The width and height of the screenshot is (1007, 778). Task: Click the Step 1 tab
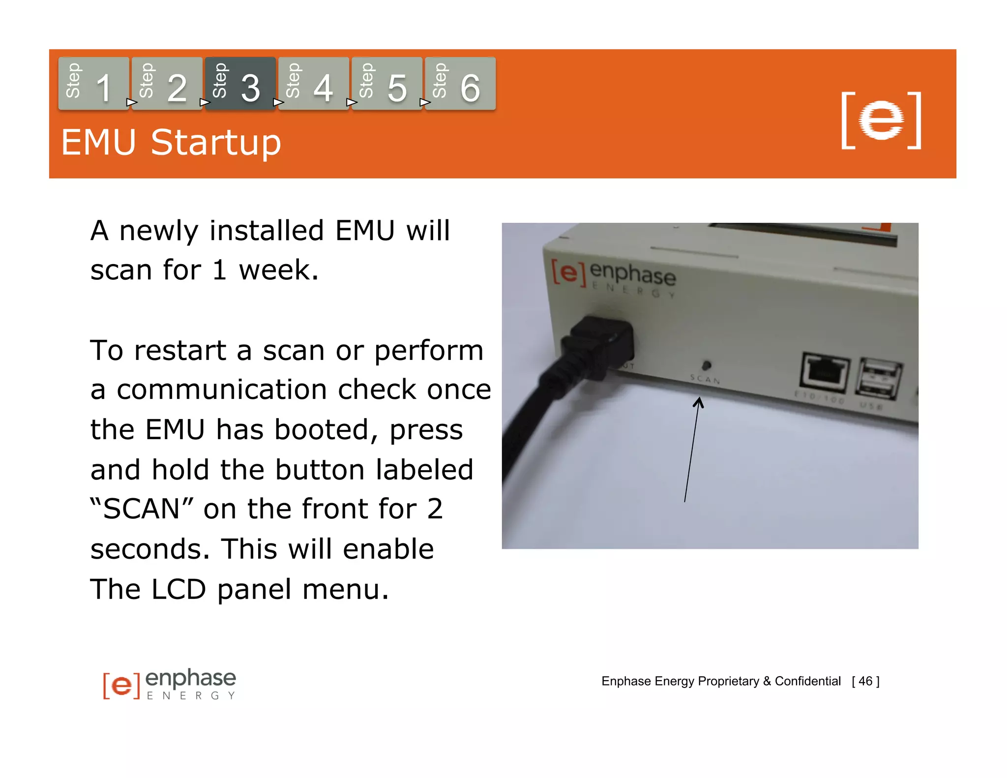coord(93,84)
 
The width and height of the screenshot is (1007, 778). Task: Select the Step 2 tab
coord(167,84)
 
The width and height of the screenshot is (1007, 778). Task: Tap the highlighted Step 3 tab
coord(240,84)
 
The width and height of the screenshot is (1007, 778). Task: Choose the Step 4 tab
coord(313,84)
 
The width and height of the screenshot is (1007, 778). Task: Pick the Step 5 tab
coord(386,84)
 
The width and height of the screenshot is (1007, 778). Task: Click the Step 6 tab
coord(460,84)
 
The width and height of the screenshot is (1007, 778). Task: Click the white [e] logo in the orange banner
coord(881,120)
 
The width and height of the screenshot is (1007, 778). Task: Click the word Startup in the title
coord(216,143)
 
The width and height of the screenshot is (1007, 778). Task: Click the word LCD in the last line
coord(178,589)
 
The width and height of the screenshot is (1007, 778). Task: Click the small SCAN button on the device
coord(707,365)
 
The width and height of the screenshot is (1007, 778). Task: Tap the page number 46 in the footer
coord(865,681)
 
